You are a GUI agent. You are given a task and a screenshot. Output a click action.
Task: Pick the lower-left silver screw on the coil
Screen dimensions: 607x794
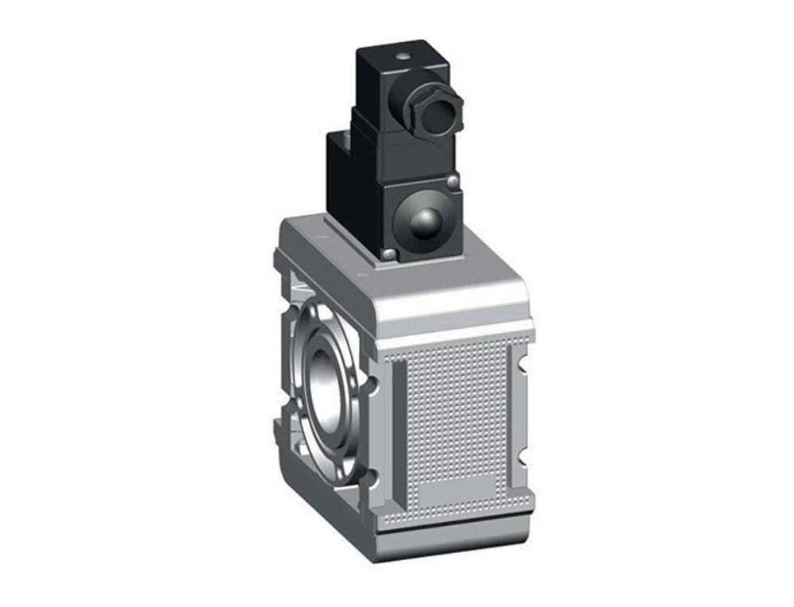pyautogui.click(x=390, y=254)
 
